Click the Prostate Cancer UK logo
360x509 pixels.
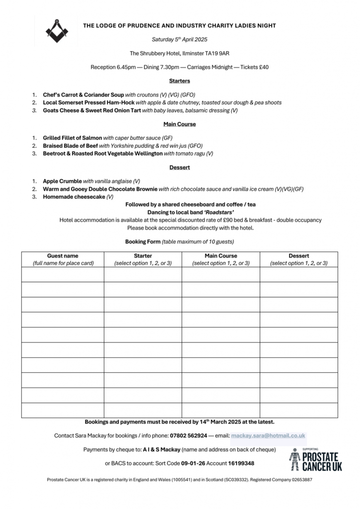coord(316,460)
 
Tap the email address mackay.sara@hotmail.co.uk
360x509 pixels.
coord(268,435)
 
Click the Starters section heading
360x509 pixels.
coord(180,81)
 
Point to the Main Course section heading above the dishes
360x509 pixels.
coord(180,124)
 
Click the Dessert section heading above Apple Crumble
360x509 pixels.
coord(180,168)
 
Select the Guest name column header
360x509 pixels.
coord(63,256)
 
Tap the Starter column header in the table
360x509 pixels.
coord(143,256)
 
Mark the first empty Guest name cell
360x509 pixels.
coord(63,274)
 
